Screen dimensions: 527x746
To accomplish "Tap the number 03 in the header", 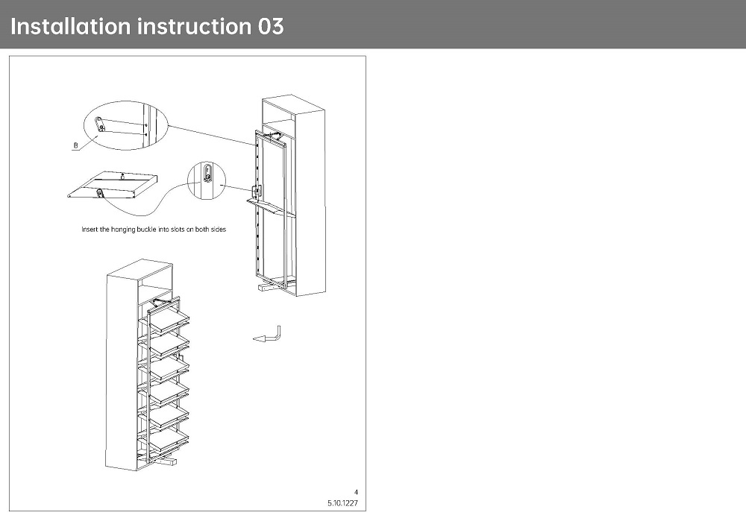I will [271, 26].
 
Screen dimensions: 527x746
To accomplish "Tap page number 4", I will [357, 492].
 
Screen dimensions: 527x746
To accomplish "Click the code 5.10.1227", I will [343, 503].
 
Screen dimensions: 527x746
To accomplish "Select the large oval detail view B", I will [126, 125].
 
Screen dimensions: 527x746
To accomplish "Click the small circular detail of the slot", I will [207, 179].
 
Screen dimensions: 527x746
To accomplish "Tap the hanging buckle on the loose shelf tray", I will [100, 194].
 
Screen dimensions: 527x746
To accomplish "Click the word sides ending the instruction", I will [218, 230].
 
